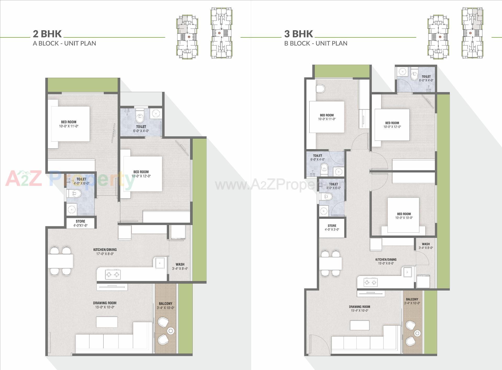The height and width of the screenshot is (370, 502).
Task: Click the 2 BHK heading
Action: point(47,34)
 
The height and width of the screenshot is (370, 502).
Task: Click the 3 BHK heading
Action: point(299,34)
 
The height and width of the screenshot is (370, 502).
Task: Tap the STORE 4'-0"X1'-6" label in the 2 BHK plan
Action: point(80,223)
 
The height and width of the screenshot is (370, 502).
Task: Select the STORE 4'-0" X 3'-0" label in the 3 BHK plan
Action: point(332,227)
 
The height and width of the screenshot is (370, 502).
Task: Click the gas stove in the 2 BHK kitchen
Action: point(113,274)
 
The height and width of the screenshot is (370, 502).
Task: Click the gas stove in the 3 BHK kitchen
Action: point(370,282)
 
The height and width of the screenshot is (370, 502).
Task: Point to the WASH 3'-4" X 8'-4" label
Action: point(180,266)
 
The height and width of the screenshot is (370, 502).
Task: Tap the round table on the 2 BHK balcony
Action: point(171,331)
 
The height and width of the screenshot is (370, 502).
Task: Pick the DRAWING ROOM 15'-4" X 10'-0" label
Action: point(359,309)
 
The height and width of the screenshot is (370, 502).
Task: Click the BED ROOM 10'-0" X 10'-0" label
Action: point(404,216)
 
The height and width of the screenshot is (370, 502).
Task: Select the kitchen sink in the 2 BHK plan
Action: point(160,263)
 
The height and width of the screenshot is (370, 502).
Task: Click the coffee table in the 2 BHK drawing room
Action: point(107,322)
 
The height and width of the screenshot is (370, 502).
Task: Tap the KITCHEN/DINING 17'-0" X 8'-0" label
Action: point(105,251)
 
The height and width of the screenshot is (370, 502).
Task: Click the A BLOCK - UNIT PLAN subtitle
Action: point(64,43)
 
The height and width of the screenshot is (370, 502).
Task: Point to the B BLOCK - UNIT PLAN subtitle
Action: point(316,43)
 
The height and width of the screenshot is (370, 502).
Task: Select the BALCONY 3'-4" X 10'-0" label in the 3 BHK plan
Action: point(412,301)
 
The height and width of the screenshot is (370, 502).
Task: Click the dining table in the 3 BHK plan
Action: point(330,264)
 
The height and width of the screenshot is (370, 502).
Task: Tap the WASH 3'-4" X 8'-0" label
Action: point(426,246)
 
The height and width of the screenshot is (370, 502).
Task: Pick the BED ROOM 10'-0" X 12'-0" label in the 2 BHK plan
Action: point(141,174)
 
